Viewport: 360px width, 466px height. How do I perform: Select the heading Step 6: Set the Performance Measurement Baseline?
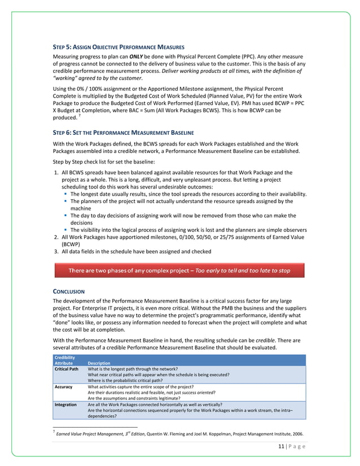123,133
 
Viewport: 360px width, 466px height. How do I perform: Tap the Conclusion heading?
68,291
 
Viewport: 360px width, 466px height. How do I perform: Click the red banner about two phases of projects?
179,271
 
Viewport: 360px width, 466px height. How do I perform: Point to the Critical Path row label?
66,368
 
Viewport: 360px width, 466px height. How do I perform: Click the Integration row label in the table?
65,405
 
